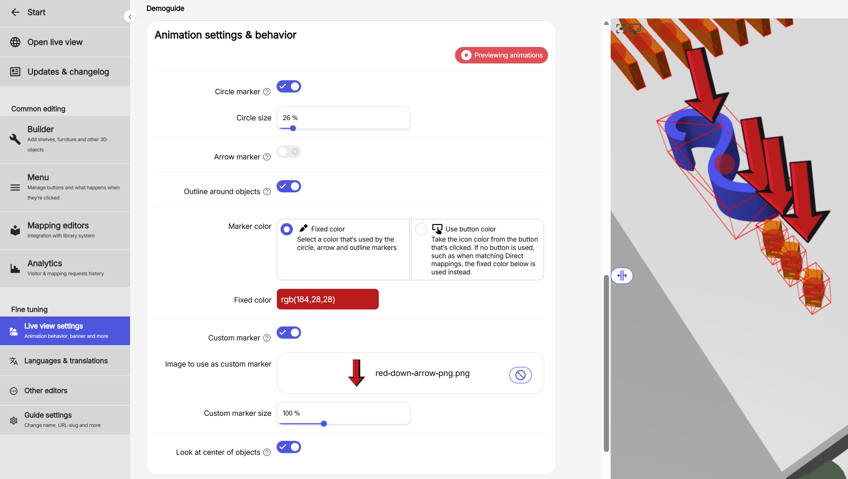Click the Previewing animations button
pos(501,55)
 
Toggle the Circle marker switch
pos(289,87)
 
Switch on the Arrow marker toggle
pos(289,152)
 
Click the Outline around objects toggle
pos(289,186)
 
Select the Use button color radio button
pos(421,229)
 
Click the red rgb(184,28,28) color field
pos(328,299)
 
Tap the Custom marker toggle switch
pos(289,332)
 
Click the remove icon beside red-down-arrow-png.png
pos(520,375)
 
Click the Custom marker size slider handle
pos(324,424)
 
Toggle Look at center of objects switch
pos(289,447)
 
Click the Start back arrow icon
pos(15,13)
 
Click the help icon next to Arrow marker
pos(267,157)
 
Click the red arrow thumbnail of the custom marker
pos(356,373)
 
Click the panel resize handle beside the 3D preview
pos(621,276)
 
